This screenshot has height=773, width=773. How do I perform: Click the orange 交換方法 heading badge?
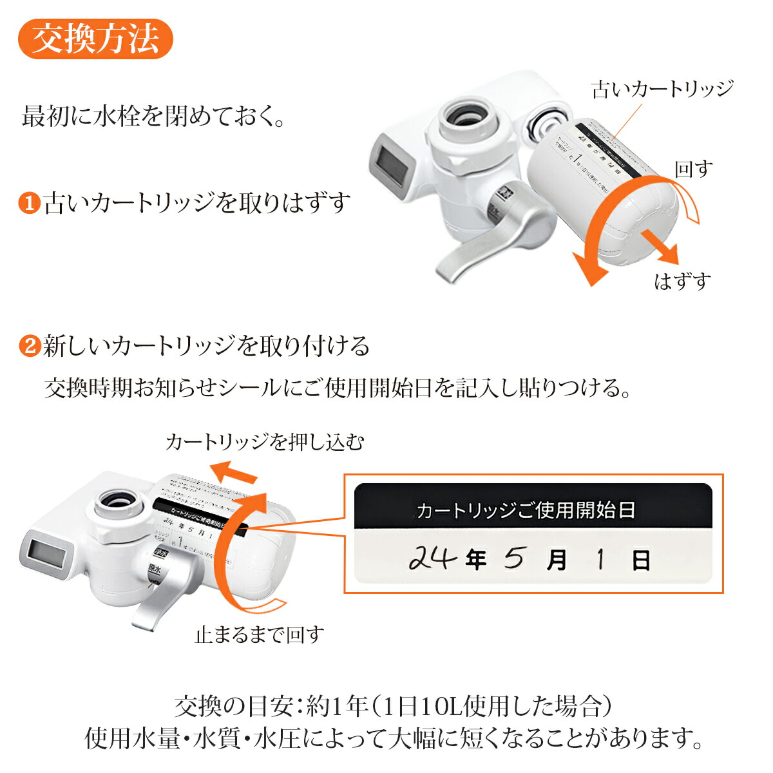(x=95, y=39)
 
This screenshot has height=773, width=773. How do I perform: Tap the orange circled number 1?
(x=29, y=204)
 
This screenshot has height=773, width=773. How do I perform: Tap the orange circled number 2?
(x=29, y=346)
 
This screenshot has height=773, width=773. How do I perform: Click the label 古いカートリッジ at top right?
(x=662, y=89)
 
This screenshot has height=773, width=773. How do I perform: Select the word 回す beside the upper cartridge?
(x=694, y=169)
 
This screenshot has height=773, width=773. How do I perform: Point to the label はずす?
(x=683, y=281)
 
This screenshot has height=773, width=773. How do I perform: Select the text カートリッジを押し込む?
(x=265, y=442)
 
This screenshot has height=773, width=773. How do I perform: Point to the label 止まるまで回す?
(x=260, y=635)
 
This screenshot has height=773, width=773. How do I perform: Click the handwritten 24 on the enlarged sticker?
(x=432, y=558)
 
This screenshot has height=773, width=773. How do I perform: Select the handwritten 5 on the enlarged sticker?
(x=513, y=558)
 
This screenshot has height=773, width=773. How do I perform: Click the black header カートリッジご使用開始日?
(x=526, y=510)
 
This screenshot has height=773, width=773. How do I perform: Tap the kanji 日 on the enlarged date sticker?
(x=640, y=560)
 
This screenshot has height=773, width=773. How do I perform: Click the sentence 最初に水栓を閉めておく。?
(x=153, y=118)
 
